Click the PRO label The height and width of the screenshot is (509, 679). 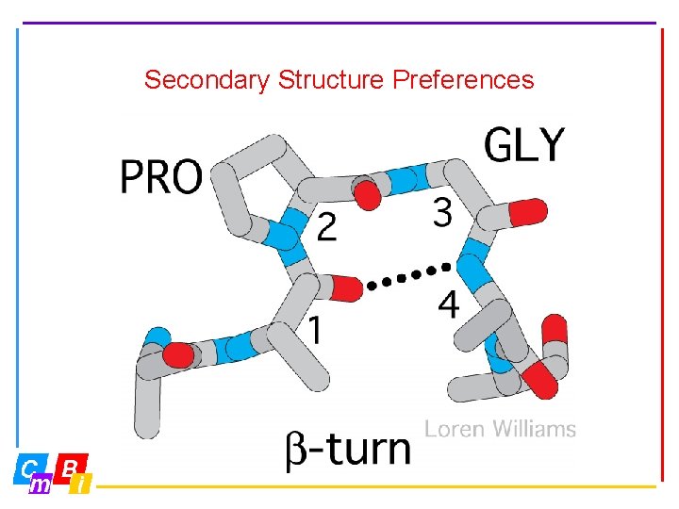[x=161, y=176]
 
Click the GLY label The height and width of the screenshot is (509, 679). [x=524, y=146]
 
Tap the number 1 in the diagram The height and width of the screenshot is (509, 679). [x=318, y=330]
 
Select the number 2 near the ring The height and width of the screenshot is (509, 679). [x=326, y=227]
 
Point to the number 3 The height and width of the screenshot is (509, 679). [x=442, y=213]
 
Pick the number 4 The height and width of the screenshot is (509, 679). [x=449, y=304]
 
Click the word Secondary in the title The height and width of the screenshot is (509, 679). [x=207, y=80]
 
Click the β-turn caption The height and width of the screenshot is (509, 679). [x=348, y=448]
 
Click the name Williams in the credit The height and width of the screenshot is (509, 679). [x=533, y=430]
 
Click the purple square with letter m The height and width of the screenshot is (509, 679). [x=41, y=484]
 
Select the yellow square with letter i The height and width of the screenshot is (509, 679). [x=83, y=484]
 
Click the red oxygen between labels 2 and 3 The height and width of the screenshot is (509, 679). [x=369, y=196]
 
